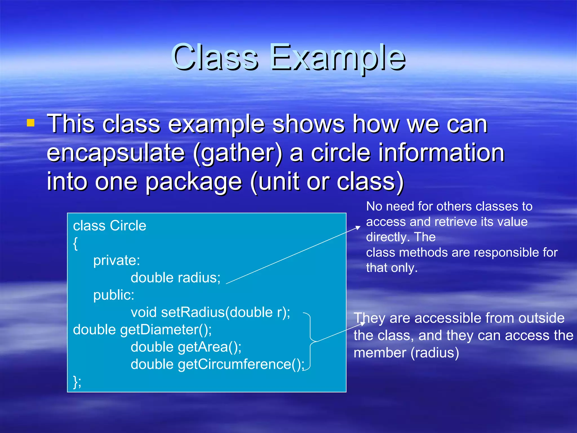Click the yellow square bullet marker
pos(30,123)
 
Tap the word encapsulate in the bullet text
pos(116,153)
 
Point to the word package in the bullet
pos(194,182)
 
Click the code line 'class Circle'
pos(110,226)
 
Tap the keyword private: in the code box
pos(116,260)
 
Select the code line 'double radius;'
pos(175,278)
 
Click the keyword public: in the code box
pos(114,295)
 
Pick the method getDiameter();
pos(166,330)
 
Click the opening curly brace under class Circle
pos(75,243)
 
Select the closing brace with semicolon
pos(77,382)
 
